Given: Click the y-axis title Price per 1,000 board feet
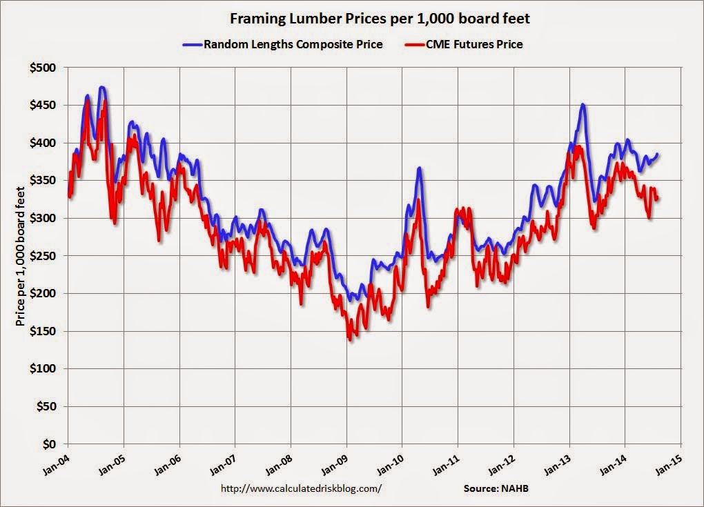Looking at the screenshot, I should tap(20, 256).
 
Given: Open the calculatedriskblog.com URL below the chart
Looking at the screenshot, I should tap(301, 488).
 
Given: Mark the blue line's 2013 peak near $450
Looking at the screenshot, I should tap(583, 105).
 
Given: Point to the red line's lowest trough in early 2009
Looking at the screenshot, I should tap(350, 339).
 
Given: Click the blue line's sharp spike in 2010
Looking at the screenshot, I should tap(419, 168).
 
